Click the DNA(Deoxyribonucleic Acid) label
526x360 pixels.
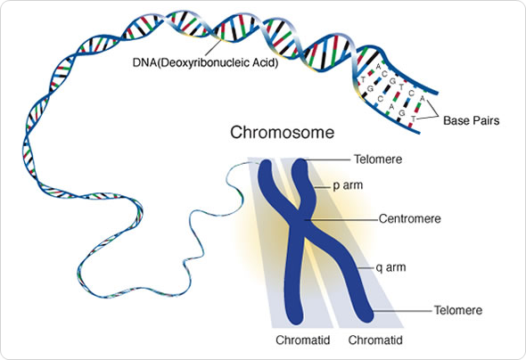199,63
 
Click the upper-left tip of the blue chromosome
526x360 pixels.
267,167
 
